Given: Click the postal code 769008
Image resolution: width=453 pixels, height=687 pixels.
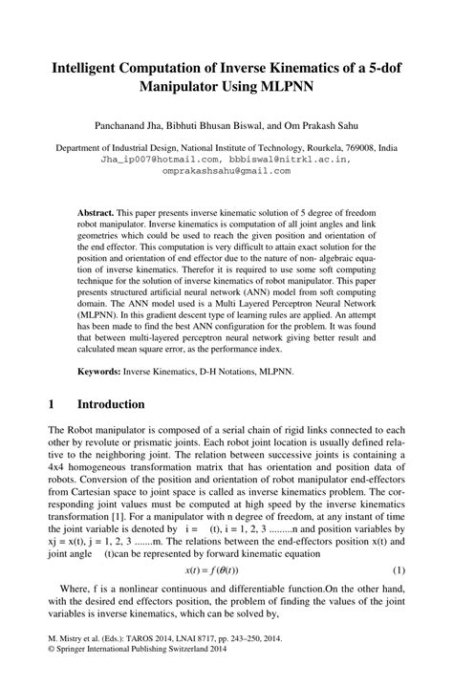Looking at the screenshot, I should click(x=366, y=148).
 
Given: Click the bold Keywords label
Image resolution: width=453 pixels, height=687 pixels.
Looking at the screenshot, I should click(x=99, y=368).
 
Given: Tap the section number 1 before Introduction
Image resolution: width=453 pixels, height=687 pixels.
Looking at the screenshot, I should click(x=50, y=404).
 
